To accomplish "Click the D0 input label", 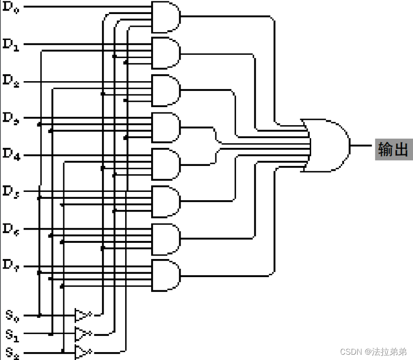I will tap(11, 7).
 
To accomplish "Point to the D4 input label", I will tap(11, 155).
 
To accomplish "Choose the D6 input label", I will tap(11, 229).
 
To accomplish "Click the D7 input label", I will tap(11, 266).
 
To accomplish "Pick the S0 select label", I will tap(12, 315).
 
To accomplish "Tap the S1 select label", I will tap(12, 335).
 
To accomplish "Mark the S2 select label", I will tap(12, 353).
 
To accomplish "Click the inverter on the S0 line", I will tap(82, 315).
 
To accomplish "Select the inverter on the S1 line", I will tap(82, 334).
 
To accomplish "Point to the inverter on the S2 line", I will tap(82, 352).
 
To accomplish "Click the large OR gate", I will tap(327, 145).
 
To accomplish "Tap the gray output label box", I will tap(393, 150).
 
